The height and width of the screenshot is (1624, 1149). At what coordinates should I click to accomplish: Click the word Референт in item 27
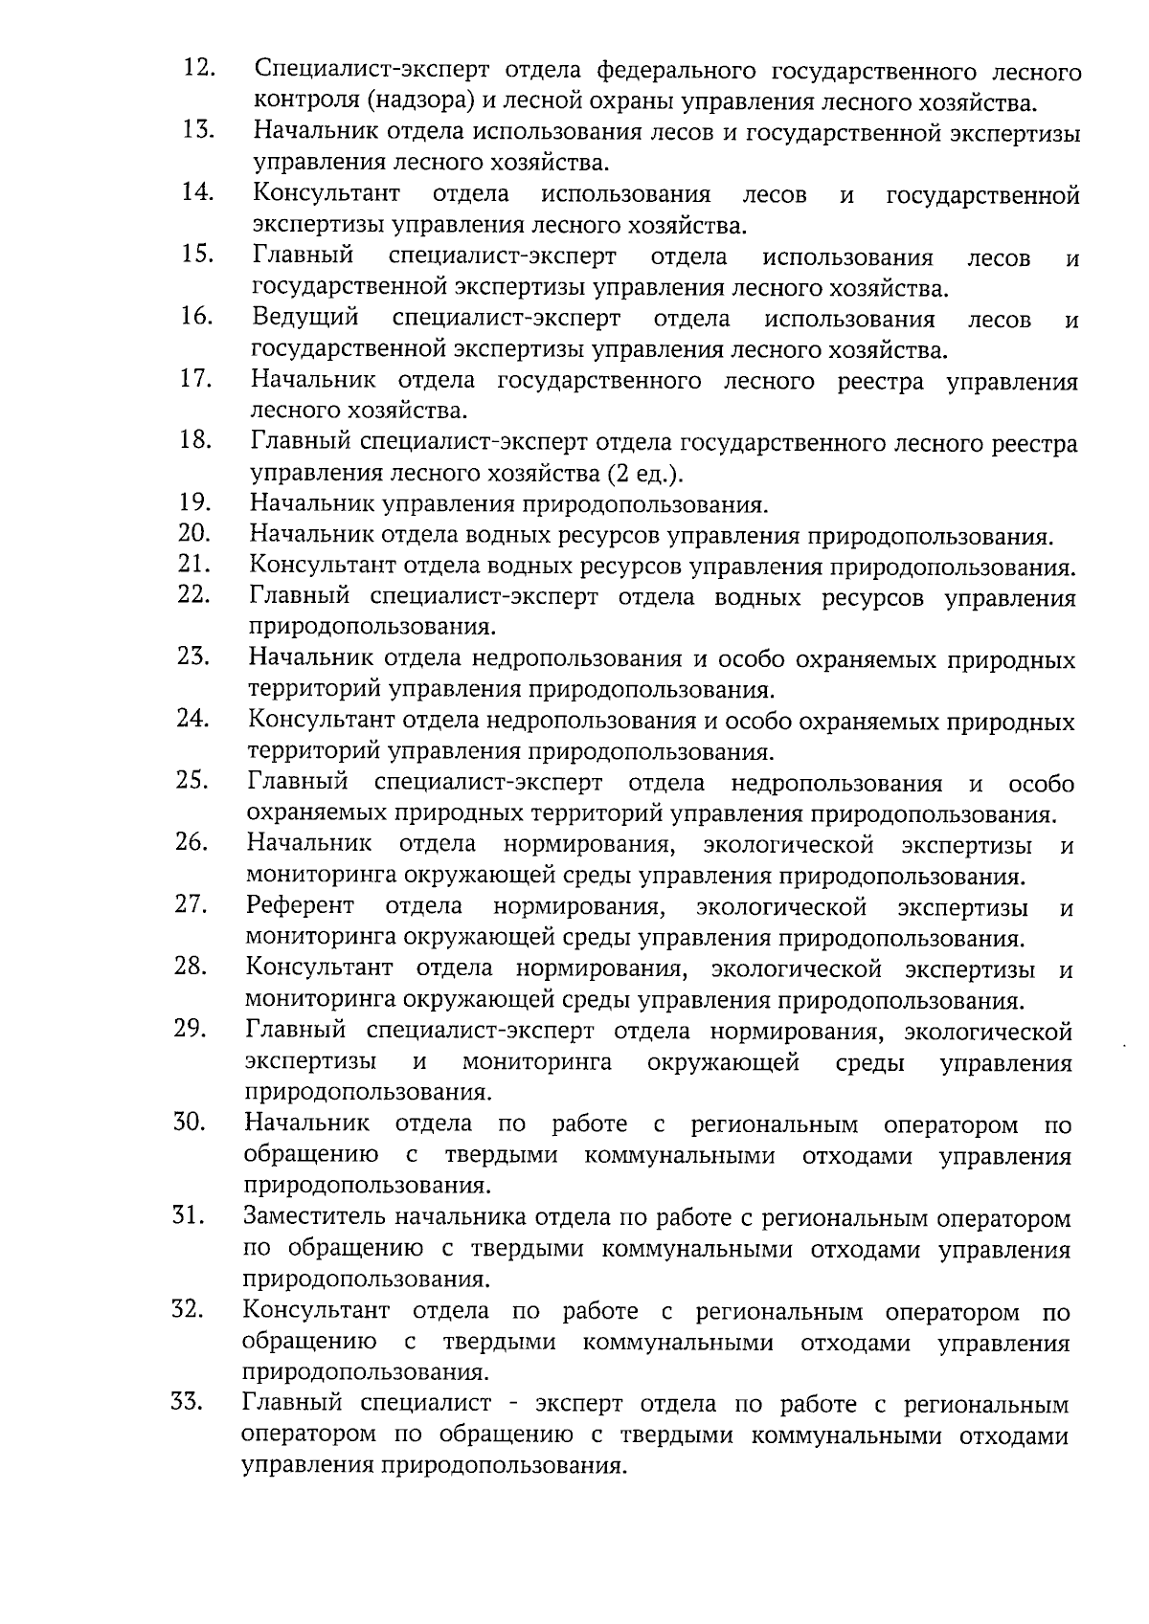pos(300,906)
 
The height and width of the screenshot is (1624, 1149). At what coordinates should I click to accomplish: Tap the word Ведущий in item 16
pos(305,318)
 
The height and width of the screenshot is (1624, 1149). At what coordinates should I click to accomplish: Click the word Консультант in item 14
pos(327,195)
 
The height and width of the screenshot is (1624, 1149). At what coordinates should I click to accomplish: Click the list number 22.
pos(193,595)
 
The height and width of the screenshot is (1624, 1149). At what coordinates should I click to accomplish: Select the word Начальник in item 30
pos(306,1124)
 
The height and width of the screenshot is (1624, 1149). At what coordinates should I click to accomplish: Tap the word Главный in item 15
pos(304,256)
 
